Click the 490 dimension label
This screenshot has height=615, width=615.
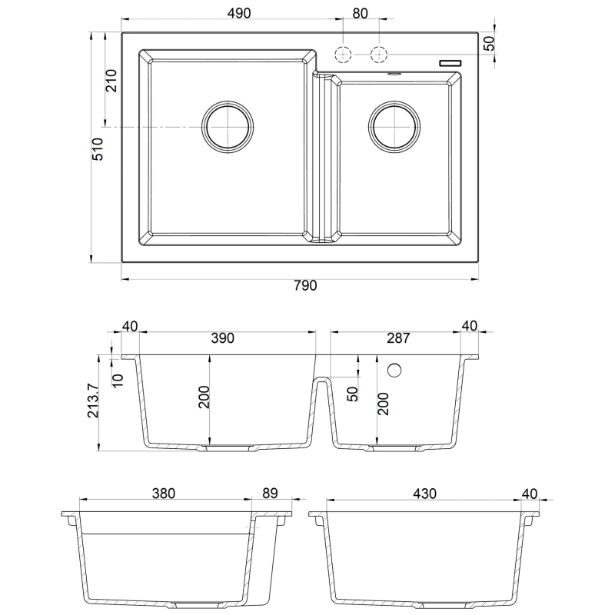[239, 13]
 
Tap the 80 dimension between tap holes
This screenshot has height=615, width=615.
[360, 13]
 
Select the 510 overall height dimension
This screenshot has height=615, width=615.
[98, 148]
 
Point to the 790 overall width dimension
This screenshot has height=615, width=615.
[305, 285]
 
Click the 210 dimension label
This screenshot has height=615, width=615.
[111, 81]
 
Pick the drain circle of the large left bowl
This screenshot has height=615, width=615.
[228, 127]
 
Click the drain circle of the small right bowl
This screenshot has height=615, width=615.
[394, 127]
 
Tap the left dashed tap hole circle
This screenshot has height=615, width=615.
[343, 54]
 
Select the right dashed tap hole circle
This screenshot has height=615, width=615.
[379, 54]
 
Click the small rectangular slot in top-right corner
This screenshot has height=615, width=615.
[450, 63]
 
